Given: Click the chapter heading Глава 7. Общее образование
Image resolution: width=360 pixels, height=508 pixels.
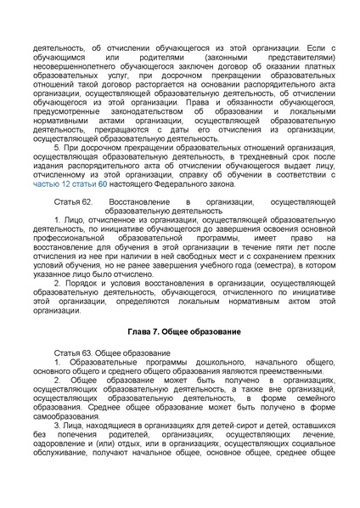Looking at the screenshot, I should (179, 328).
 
